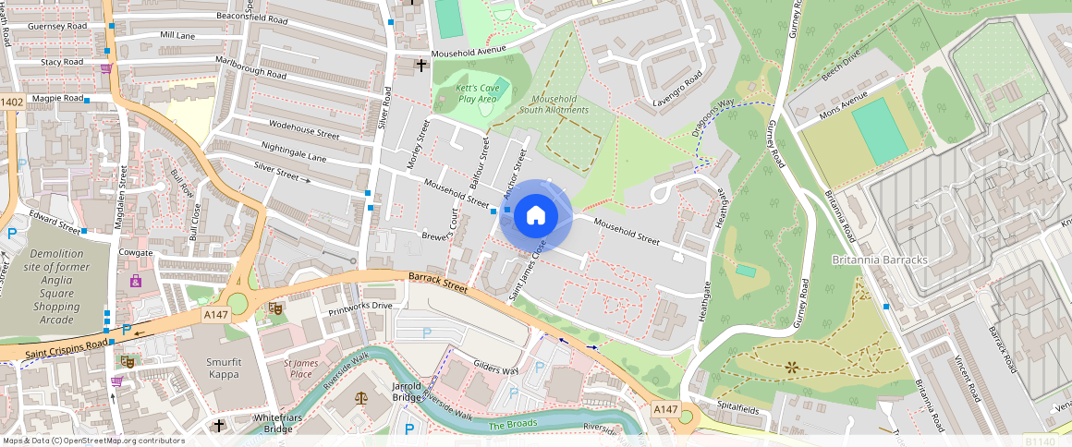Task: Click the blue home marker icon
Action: tap(535, 216)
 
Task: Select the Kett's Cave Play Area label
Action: tap(477, 93)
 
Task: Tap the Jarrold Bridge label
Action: tap(407, 391)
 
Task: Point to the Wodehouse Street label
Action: tap(304, 129)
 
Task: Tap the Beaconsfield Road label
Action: tap(251, 18)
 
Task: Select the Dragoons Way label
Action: tap(713, 119)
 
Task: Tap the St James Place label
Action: tap(300, 368)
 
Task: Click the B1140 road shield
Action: tap(1040, 441)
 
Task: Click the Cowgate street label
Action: tap(136, 252)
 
